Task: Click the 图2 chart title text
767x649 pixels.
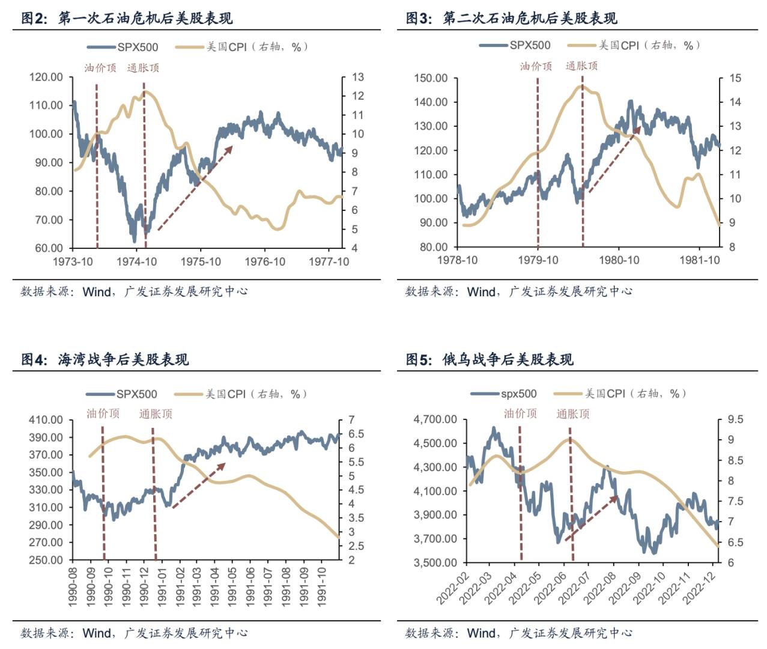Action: coord(127,19)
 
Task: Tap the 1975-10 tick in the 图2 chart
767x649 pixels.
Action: coord(201,262)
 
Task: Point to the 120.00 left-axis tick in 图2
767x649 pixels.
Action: coord(46,77)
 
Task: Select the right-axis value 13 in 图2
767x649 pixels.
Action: coord(358,77)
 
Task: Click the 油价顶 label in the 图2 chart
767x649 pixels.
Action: coord(100,68)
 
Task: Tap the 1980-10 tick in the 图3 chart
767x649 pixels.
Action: coord(619,260)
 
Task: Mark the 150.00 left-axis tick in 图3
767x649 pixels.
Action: coord(431,78)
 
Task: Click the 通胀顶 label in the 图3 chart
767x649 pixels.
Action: coord(581,66)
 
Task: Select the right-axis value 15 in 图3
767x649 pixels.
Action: coord(735,78)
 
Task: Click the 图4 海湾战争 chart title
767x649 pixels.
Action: coord(105,360)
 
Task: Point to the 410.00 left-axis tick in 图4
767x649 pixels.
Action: coord(46,420)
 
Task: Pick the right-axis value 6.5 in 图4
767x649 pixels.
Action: coord(356,434)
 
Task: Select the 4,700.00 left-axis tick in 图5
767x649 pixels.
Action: coord(435,419)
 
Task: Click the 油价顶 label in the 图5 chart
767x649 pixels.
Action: coord(520,413)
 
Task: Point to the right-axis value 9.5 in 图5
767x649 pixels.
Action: coord(735,419)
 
